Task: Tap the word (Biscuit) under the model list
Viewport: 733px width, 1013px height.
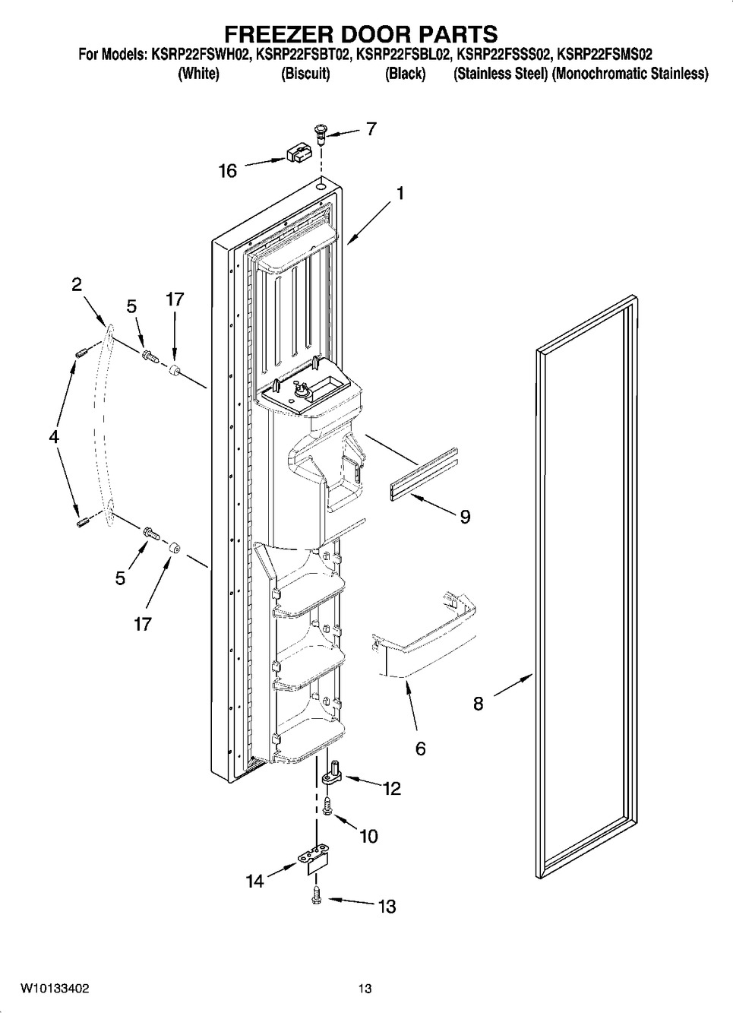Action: (305, 74)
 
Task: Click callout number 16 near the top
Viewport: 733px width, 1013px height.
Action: (228, 171)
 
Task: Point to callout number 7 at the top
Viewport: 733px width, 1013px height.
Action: (371, 128)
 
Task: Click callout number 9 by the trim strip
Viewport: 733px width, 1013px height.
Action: (464, 517)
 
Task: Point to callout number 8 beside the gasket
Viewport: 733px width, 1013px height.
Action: (478, 703)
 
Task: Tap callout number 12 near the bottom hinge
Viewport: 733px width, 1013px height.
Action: (391, 789)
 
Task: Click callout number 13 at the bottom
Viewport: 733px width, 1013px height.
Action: (387, 906)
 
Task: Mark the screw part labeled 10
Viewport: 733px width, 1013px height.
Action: (327, 806)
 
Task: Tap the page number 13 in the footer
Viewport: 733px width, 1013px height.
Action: (365, 989)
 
